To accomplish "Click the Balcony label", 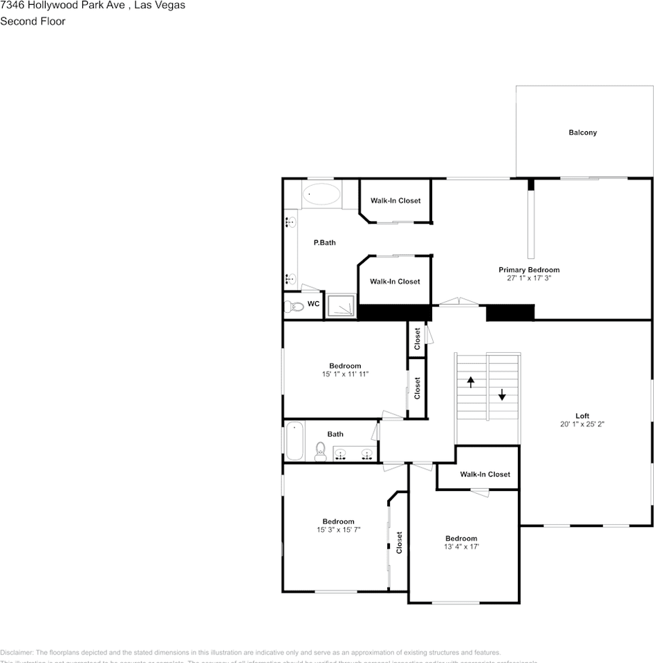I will coord(582,133).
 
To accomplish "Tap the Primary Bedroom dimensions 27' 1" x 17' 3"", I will coord(529,278).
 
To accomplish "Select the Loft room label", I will coord(582,416).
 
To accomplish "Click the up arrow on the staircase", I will coord(471,381).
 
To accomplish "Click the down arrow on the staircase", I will coord(502,395).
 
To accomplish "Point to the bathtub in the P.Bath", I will coord(321,194).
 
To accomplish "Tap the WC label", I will coord(313,304).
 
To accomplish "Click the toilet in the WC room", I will coord(295,307).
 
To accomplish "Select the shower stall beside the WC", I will coord(341,306).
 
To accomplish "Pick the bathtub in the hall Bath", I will coord(295,441).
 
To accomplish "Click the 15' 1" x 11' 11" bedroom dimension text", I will coord(345,374).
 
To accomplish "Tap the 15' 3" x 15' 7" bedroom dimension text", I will coord(338,530).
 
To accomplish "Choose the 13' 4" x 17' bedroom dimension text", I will coord(461,546).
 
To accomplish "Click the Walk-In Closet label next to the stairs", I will coord(485,474).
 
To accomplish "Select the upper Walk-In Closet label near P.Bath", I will coord(395,201).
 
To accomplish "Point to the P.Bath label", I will coord(324,242).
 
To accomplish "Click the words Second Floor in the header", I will coord(32,21).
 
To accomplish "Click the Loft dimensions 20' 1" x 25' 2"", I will coord(582,424).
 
